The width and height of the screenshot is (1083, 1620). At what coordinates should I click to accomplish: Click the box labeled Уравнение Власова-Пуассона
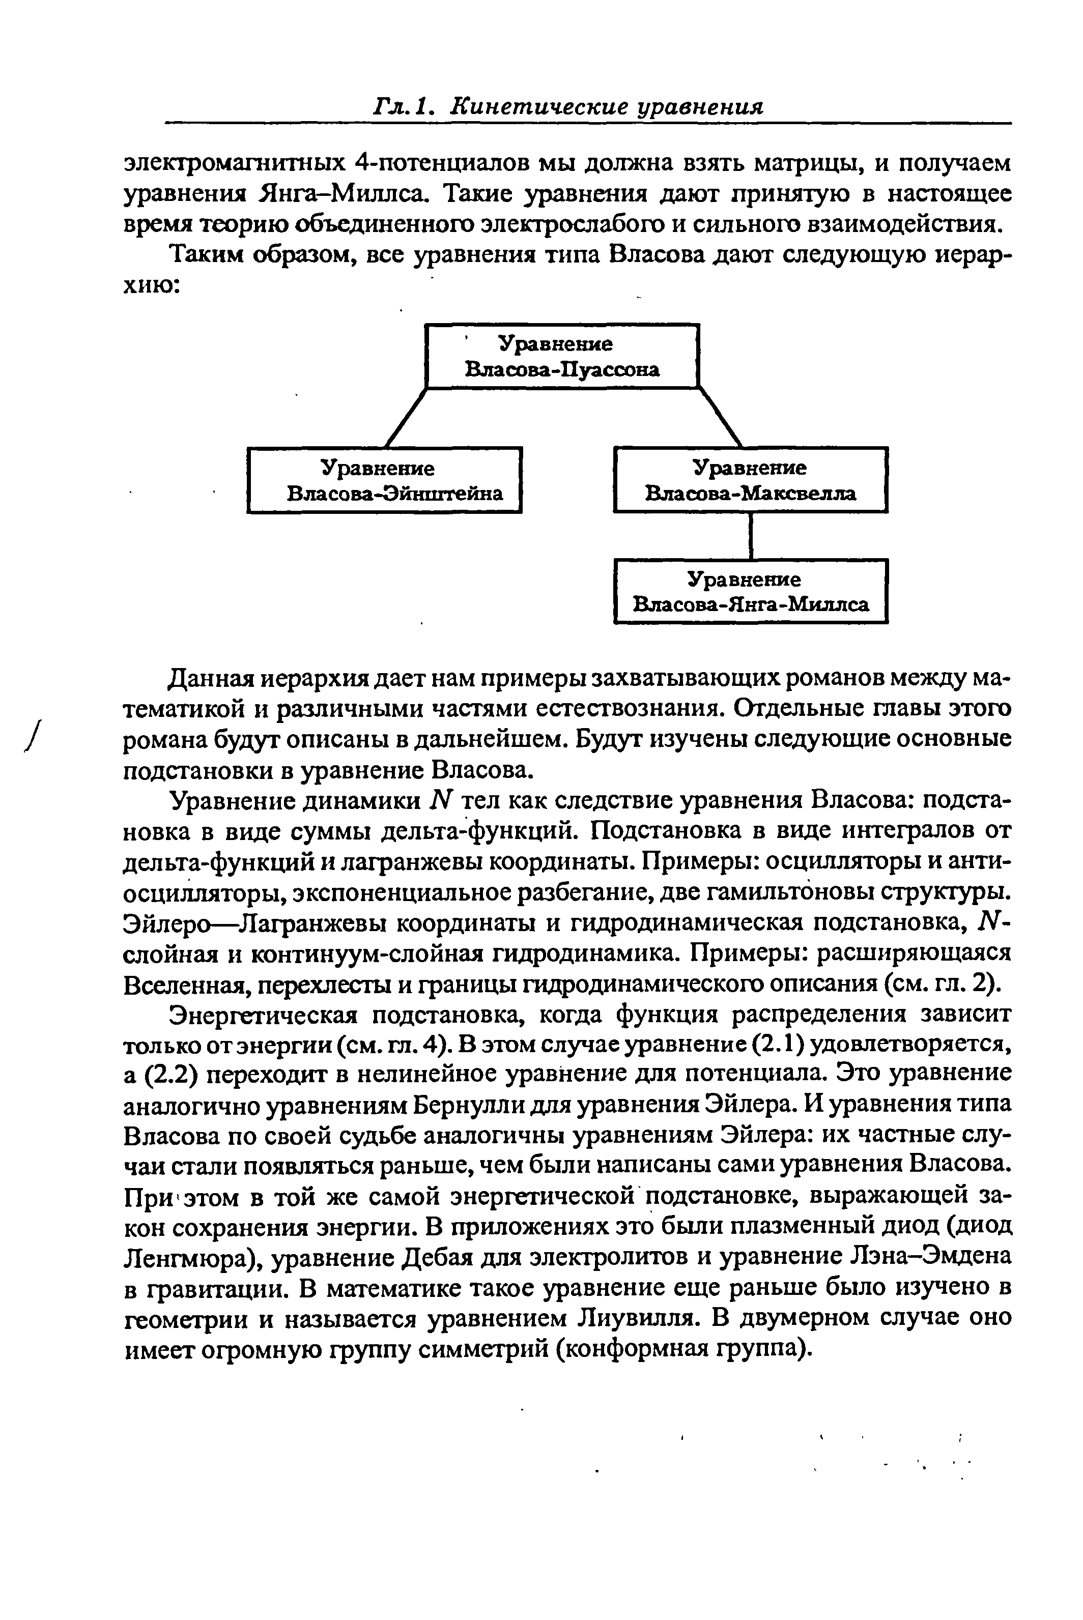(x=562, y=356)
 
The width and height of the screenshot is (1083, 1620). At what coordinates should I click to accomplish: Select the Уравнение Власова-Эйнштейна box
(x=384, y=481)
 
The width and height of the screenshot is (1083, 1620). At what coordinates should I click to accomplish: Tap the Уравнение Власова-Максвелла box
(x=750, y=481)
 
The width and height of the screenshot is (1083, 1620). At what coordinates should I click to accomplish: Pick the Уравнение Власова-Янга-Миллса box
(x=750, y=592)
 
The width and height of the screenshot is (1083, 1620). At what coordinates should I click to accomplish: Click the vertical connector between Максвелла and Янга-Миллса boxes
(x=750, y=536)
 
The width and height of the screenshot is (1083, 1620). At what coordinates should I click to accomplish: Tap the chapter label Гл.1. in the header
(x=403, y=107)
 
